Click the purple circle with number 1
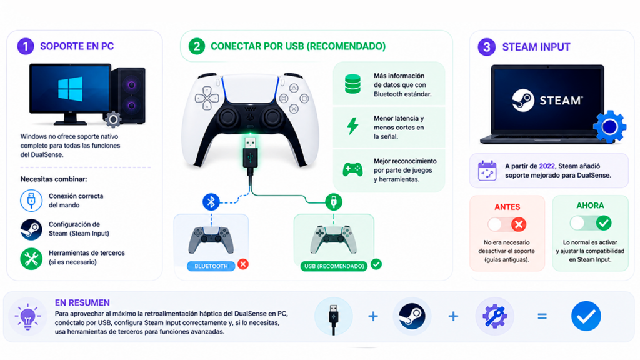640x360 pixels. click(25, 46)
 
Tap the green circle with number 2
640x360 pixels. click(197, 46)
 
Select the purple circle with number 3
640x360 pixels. click(486, 47)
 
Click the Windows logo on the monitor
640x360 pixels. click(70, 89)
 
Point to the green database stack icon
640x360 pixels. click(352, 84)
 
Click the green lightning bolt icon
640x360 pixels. click(352, 126)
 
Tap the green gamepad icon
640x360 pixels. click(352, 169)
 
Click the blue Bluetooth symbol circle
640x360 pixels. click(211, 202)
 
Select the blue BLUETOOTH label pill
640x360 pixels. click(211, 266)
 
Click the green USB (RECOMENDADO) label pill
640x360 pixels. click(334, 266)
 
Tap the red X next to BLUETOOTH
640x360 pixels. click(243, 264)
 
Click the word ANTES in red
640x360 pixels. click(507, 207)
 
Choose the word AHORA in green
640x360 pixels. click(590, 206)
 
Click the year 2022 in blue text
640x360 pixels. click(547, 166)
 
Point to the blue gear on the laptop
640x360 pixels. click(609, 126)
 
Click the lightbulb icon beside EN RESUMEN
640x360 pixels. click(27, 317)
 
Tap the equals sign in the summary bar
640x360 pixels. click(542, 316)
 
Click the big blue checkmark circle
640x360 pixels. click(586, 316)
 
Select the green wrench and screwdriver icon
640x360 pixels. click(31, 259)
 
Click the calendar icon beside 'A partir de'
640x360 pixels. click(487, 171)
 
